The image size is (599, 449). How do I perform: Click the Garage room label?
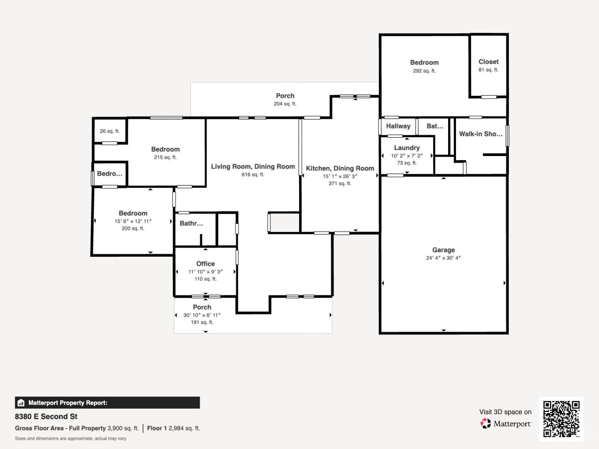[x=443, y=250]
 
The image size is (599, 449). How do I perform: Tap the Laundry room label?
[x=407, y=148]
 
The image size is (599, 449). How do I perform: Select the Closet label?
[x=488, y=61]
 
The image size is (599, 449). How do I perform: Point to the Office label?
[x=206, y=264]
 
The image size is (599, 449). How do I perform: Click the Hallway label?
[x=398, y=126]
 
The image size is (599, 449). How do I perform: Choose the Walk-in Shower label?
[x=480, y=134]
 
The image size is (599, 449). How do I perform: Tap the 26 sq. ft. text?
[x=110, y=131]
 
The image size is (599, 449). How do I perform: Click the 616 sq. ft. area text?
[x=253, y=174]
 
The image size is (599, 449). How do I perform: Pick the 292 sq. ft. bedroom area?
[x=424, y=71]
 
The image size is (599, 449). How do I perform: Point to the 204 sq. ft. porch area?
[x=285, y=104]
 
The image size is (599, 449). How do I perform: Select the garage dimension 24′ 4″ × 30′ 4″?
[x=443, y=258]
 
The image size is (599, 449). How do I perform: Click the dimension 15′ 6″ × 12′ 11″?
[x=133, y=221]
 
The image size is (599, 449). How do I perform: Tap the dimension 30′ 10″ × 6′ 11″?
[x=202, y=315]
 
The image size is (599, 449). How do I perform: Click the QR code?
[x=561, y=419]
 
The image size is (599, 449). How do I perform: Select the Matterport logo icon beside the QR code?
[x=486, y=423]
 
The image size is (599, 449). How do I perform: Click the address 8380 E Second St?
[x=46, y=417]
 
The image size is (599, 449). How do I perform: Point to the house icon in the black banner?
[x=21, y=403]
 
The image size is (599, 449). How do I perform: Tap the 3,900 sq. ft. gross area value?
[x=123, y=428]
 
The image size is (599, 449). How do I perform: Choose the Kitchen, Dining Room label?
[x=340, y=168]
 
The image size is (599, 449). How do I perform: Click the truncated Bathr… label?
[x=191, y=224]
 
